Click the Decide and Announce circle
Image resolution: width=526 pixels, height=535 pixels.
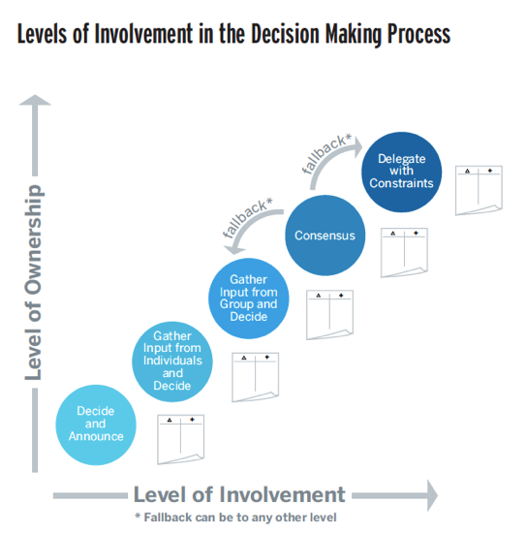pos(96,425)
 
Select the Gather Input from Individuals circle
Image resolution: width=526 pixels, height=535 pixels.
pos(172,362)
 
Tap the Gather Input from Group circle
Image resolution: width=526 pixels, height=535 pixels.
pos(249,299)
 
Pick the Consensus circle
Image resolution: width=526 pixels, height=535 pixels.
pos(325,236)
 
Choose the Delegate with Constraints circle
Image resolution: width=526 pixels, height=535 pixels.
pos(401,172)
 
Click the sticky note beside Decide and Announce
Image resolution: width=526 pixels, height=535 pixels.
pos(181,439)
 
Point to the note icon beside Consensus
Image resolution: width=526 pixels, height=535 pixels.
pos(404,253)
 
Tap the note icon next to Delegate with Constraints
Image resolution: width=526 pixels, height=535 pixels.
pos(479,190)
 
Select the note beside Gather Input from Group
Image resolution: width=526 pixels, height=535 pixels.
pos(330,315)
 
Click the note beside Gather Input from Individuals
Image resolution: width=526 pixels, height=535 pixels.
pos(256,377)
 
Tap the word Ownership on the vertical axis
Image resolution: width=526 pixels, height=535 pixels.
pos(33,240)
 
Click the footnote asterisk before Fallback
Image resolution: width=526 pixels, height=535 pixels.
pos(138,516)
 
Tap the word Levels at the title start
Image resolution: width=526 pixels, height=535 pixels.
pos(42,34)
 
